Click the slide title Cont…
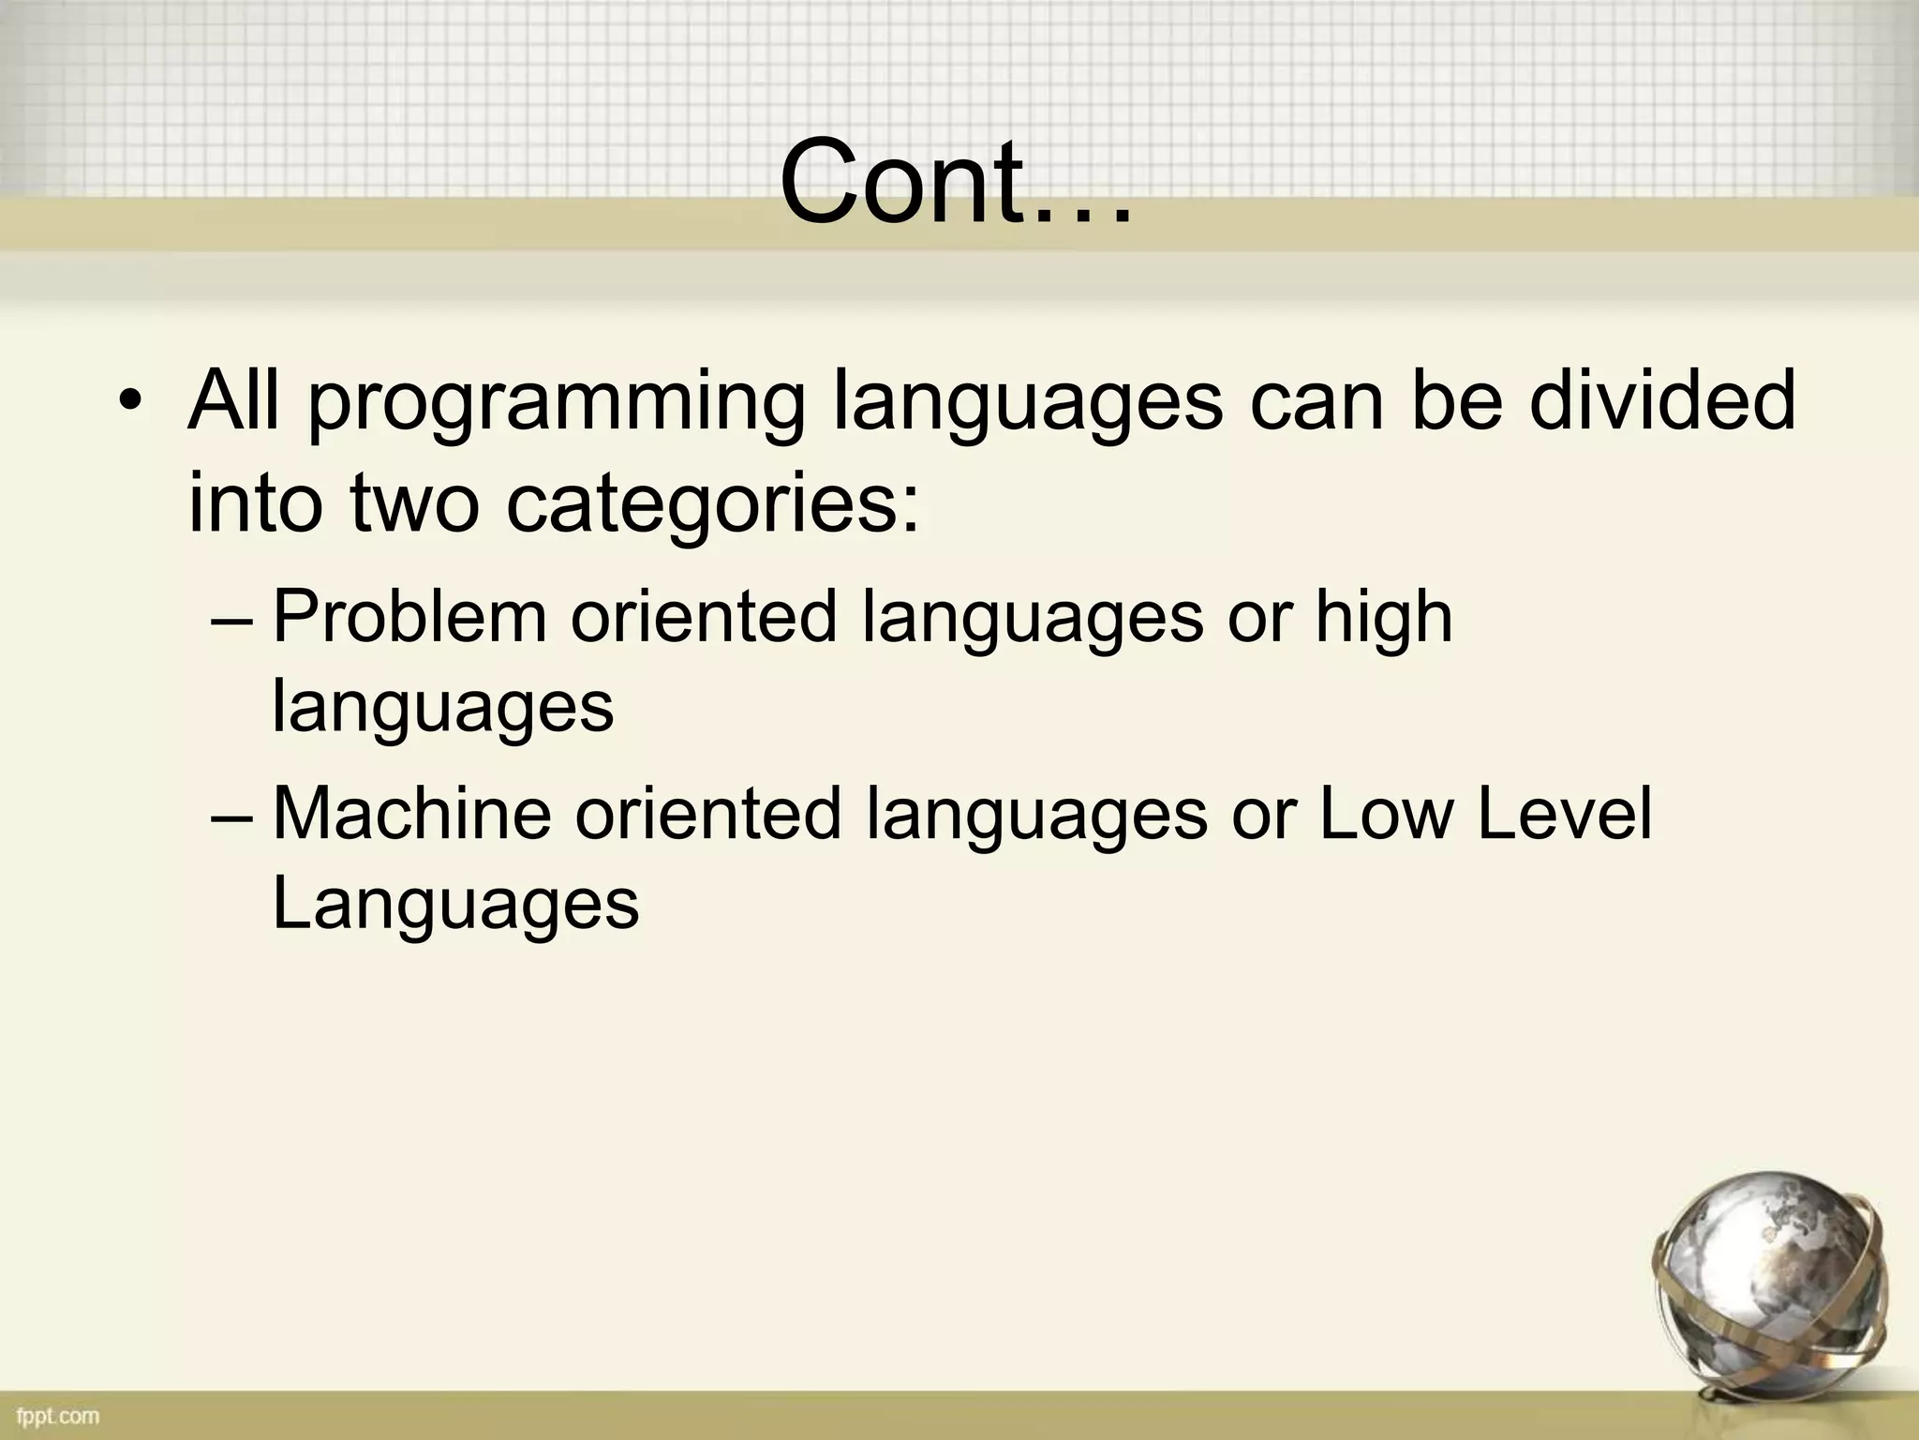956,183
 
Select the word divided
1663,399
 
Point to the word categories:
714,502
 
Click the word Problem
409,617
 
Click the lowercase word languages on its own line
442,708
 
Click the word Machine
411,813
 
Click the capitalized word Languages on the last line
455,904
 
